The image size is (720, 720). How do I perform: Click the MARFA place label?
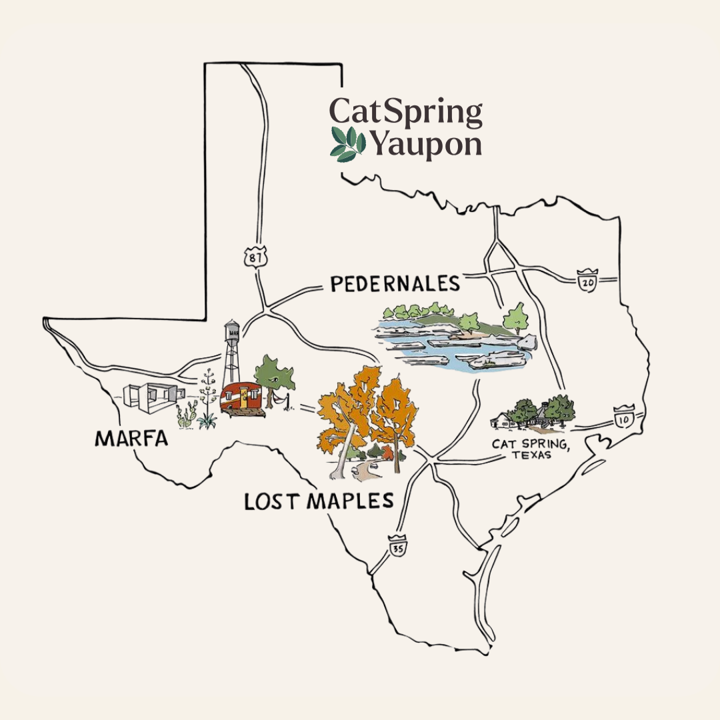pyautogui.click(x=132, y=438)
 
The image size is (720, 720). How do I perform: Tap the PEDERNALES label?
pyautogui.click(x=395, y=284)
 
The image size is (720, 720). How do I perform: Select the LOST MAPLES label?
pyautogui.click(x=319, y=501)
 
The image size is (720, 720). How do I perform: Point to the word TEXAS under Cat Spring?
pyautogui.click(x=531, y=455)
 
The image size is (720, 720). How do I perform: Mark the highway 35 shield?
pyautogui.click(x=397, y=546)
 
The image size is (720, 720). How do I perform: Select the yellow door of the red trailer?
pyautogui.click(x=245, y=399)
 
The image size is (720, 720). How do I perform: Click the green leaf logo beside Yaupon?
pyautogui.click(x=348, y=144)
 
